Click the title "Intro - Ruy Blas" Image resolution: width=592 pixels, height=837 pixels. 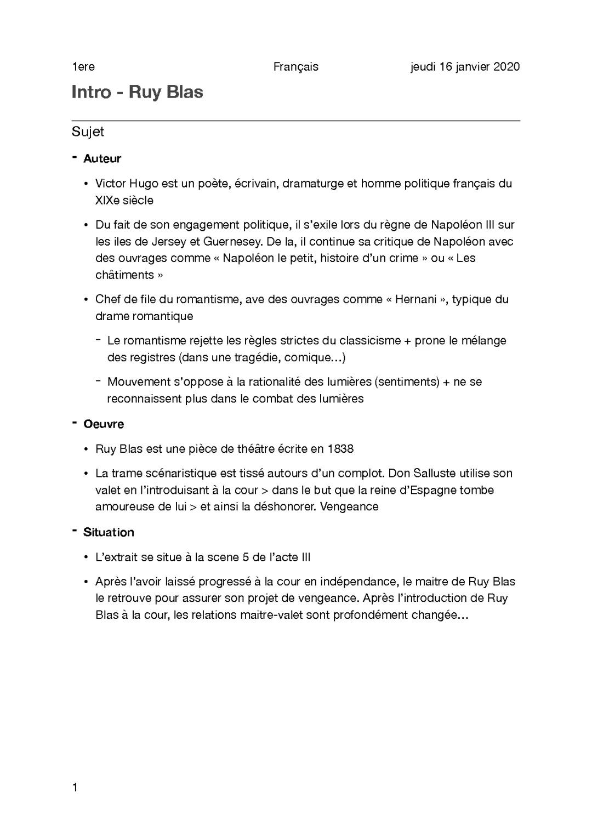click(x=137, y=92)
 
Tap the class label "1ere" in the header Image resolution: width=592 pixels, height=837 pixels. click(x=83, y=67)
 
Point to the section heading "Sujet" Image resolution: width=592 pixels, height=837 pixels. click(x=88, y=132)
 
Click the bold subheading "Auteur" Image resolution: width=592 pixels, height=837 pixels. click(x=102, y=159)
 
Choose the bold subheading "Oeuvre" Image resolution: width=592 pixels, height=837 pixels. click(x=104, y=424)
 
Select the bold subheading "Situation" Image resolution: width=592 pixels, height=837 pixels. click(x=109, y=533)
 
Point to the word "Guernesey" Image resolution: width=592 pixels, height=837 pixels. click(x=233, y=242)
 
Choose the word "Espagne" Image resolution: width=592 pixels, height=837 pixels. click(x=430, y=490)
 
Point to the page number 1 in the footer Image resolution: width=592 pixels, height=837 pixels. click(x=75, y=788)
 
